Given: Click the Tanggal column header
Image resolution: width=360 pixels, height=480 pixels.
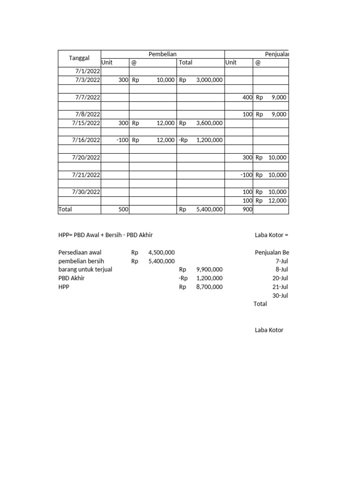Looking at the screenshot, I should coord(79,58).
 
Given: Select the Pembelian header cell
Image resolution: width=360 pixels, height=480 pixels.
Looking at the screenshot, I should coord(162,54).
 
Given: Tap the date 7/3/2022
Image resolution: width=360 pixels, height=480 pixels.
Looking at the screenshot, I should coord(87,80).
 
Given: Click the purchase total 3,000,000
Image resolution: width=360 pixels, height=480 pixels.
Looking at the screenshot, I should coord(209,80).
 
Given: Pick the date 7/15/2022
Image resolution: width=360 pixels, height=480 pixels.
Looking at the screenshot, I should coord(86,123).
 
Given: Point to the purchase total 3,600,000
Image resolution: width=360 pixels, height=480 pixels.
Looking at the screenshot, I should coord(209,123).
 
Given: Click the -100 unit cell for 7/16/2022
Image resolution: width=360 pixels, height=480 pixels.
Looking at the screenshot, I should coord(121,140).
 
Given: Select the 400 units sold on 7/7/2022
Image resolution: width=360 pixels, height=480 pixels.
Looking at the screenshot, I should coord(247,97).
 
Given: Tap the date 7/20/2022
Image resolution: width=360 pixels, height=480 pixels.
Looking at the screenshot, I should coord(86,157).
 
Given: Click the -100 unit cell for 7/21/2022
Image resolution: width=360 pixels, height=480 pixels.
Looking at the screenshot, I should coord(246,175).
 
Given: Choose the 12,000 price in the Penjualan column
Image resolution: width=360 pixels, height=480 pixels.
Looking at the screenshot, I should coord(277,201).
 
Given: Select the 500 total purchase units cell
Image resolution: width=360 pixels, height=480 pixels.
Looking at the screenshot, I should coord(123,210).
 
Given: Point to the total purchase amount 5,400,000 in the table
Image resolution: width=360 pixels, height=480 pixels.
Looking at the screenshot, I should coord(209,210).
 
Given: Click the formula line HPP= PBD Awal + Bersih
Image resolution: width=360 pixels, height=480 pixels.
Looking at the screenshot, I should coord(105,235).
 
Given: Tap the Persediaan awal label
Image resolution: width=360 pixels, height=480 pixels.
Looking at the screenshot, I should coord(80,252).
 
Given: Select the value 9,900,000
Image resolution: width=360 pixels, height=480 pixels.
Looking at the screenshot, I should coord(209,270).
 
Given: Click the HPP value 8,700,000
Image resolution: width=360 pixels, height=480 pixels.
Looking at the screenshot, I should coord(209,287).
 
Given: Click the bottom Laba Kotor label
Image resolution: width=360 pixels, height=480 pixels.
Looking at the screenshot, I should coord(269,330).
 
